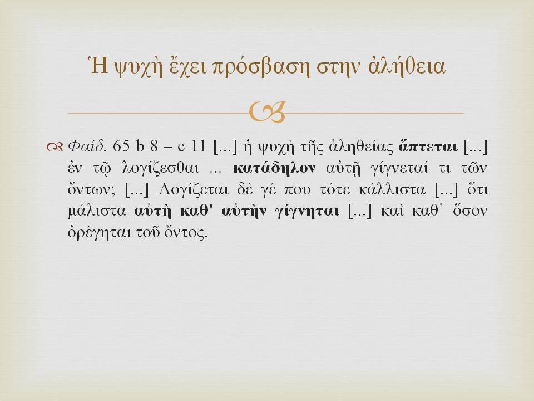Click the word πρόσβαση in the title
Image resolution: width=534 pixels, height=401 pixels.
tap(260, 67)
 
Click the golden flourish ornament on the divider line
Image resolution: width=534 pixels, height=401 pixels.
tap(267, 113)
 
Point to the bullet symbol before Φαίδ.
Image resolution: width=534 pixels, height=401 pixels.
tap(55, 147)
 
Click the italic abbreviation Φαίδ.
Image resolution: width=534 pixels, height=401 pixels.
tap(87, 146)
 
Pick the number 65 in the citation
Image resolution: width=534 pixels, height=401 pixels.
tap(121, 146)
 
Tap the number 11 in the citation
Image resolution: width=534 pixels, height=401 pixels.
tap(198, 146)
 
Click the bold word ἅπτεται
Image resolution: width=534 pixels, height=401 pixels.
tap(428, 146)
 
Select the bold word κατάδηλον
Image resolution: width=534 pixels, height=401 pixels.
tap(274, 168)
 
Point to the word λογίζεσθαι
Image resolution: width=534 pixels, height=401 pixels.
tap(160, 169)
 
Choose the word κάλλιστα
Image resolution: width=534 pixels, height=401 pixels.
tap(392, 189)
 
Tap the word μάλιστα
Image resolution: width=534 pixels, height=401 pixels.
tap(97, 211)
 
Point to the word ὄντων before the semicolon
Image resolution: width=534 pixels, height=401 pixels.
tap(90, 189)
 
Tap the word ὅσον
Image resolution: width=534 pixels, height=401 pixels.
tap(470, 211)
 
